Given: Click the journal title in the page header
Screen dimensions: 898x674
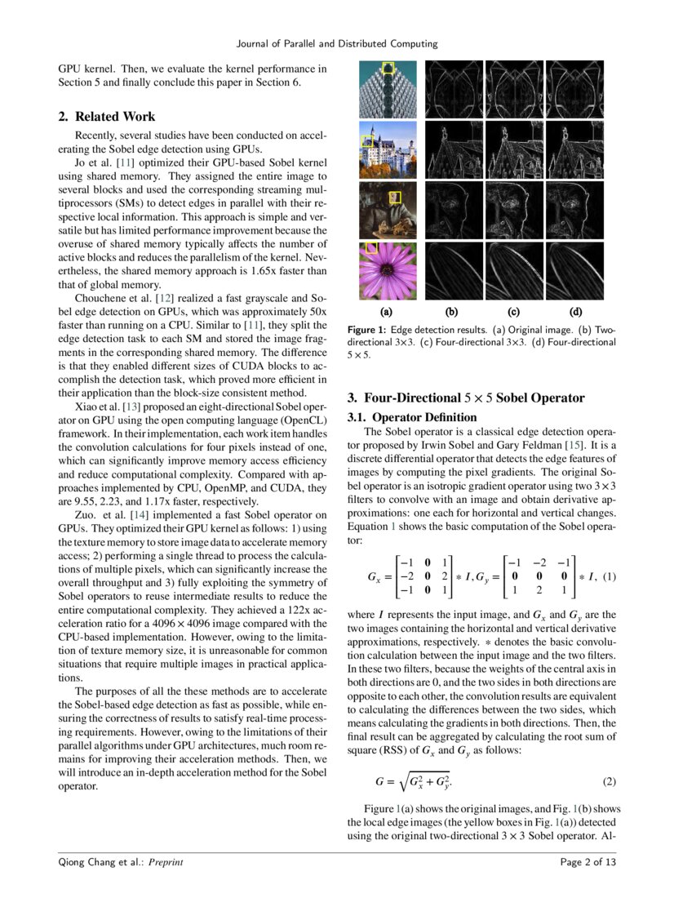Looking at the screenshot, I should (x=336, y=43).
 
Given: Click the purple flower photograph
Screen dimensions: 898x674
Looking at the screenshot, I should (x=388, y=271).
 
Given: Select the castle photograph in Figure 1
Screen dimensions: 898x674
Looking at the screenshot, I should (x=388, y=149).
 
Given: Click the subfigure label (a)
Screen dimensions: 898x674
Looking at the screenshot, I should (x=387, y=311).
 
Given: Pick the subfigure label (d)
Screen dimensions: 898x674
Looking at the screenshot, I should (x=576, y=311).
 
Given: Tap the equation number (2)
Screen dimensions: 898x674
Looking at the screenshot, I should (x=608, y=781).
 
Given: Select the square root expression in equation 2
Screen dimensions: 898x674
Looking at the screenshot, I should (x=424, y=781).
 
